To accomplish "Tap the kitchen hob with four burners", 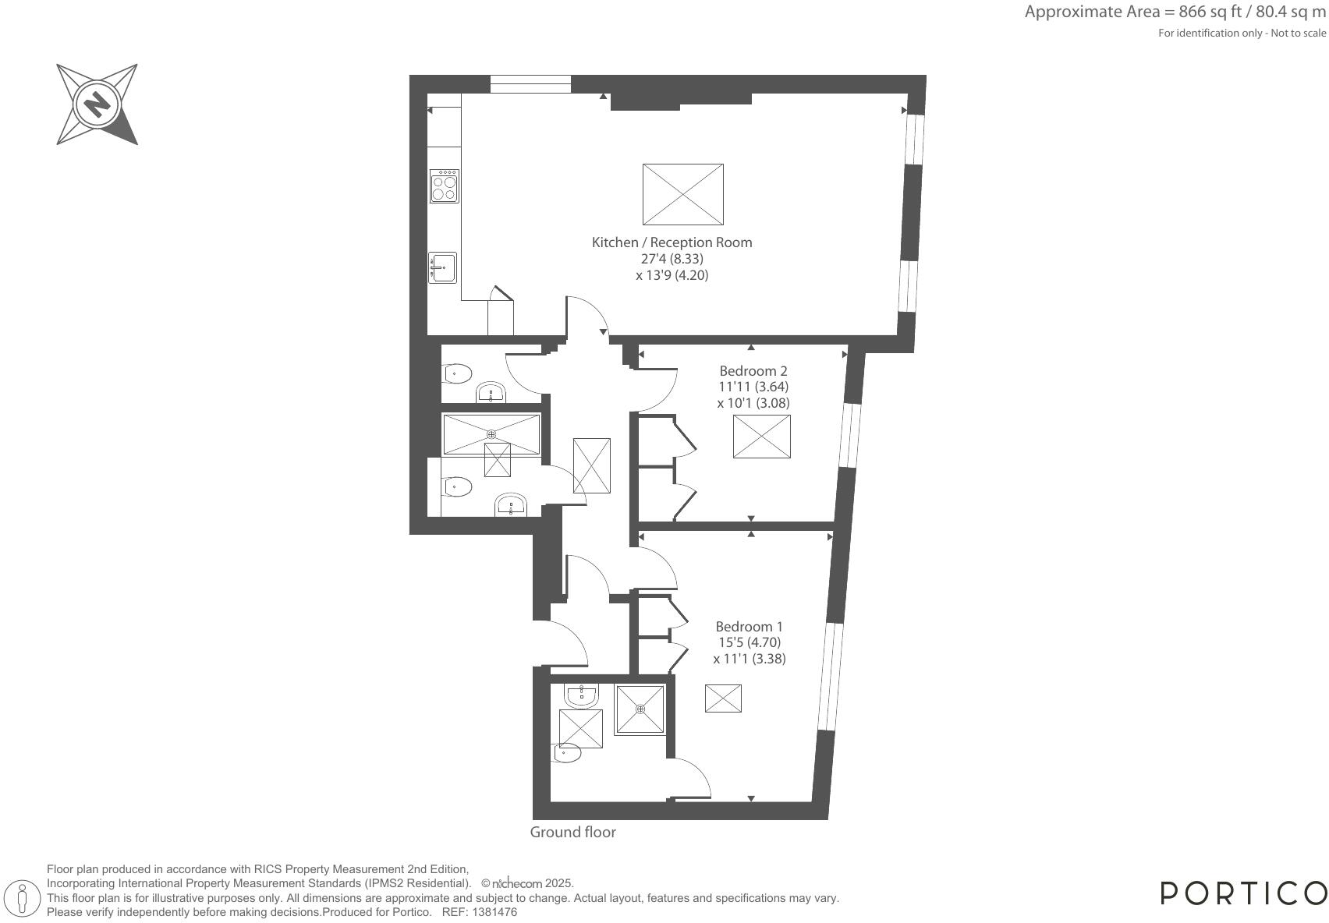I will [445, 186].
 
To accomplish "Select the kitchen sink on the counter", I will [442, 268].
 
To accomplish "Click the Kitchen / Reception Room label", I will [672, 242].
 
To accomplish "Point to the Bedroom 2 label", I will [753, 370].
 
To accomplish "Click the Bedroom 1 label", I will [749, 626].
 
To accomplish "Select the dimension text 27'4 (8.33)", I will [672, 259].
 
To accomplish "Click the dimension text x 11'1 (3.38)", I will [749, 659].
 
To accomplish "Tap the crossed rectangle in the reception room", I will [682, 194].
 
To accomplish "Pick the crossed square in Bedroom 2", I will [761, 436].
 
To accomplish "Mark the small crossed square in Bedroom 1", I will [723, 698].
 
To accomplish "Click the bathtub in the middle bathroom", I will [491, 434].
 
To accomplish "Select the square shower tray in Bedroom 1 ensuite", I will [640, 709].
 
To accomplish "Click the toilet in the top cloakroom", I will [458, 374].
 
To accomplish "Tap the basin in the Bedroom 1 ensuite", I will [581, 695].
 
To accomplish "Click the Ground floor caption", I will [572, 832].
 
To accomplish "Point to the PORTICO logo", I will [1243, 893].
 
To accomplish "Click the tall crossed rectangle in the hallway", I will [591, 465].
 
